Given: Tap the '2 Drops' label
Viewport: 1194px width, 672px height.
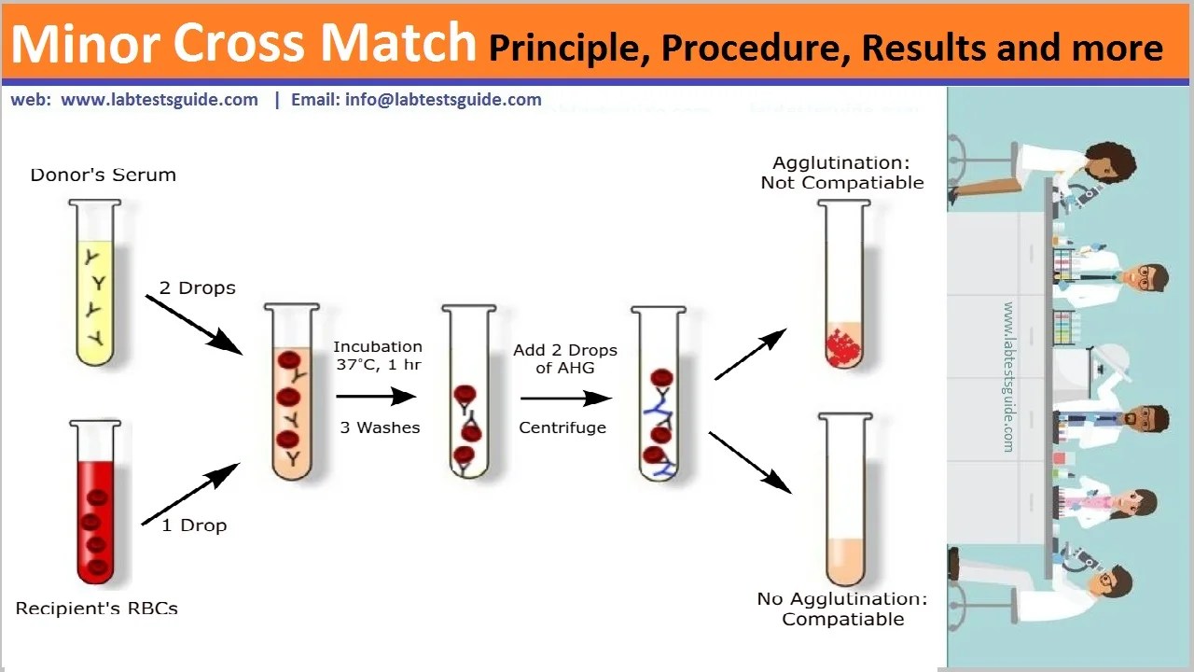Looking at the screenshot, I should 197,288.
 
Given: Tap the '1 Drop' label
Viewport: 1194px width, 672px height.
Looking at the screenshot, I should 194,525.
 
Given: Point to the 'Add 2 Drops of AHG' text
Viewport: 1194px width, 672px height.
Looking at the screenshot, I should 564,359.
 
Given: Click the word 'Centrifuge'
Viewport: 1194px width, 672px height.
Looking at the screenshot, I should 562,427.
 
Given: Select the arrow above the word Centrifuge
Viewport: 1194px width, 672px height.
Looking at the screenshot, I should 565,399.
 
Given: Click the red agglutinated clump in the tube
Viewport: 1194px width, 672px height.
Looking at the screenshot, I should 844,344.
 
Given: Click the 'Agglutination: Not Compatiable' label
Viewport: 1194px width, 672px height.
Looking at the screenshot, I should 841,174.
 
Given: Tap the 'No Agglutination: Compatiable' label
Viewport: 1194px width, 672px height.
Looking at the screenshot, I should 842,609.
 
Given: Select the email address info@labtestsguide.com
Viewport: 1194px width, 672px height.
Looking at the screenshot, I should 443,100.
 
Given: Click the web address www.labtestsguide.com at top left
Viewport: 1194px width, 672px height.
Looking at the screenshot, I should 160,100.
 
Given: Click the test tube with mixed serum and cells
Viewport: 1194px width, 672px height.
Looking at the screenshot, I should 293,392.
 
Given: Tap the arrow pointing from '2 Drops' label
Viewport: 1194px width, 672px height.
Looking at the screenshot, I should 193,323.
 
